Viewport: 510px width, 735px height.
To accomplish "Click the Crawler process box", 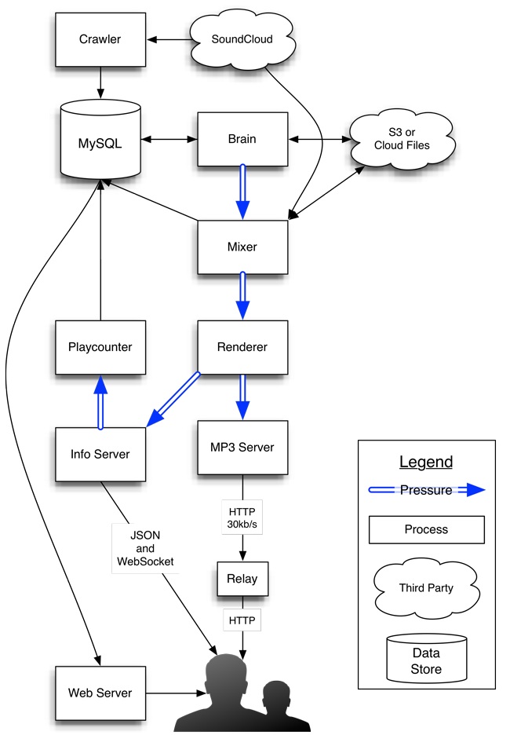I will click(100, 39).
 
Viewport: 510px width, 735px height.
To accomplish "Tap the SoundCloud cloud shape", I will click(242, 38).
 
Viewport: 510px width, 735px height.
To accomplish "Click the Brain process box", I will click(242, 139).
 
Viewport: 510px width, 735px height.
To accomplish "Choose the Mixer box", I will click(242, 247).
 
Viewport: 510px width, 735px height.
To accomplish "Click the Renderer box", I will click(242, 347).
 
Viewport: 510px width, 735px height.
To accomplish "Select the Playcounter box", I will click(100, 347).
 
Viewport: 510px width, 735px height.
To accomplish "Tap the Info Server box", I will click(100, 454).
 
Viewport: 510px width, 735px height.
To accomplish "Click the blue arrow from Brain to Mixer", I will click(242, 192).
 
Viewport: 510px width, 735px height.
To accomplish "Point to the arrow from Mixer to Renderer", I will click(242, 295).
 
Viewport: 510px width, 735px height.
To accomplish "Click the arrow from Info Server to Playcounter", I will click(100, 401).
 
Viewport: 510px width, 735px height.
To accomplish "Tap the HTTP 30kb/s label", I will click(242, 517).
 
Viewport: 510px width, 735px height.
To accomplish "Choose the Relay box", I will click(242, 580).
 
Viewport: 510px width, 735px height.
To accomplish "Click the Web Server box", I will click(100, 693).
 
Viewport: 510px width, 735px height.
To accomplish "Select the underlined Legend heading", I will click(426, 462).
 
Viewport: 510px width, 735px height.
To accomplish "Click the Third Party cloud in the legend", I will click(426, 587).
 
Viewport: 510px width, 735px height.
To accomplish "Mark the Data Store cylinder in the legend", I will click(426, 660).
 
